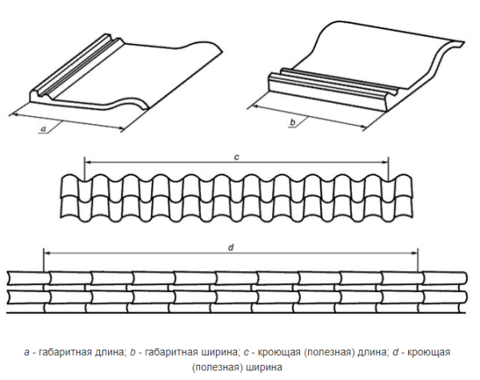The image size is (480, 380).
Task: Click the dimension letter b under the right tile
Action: [293, 122]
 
